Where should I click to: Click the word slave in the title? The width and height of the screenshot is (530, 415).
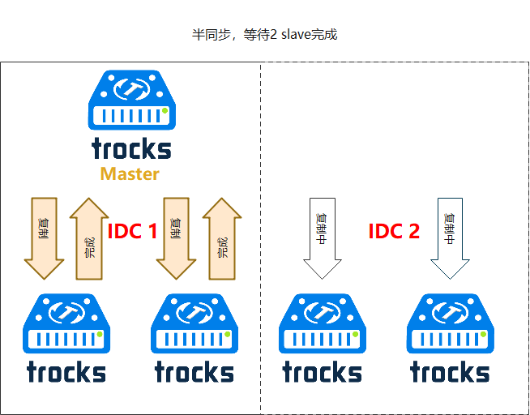point(296,36)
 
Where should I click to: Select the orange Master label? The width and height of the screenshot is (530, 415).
point(130,173)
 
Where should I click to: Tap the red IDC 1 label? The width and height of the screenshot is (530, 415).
point(132,232)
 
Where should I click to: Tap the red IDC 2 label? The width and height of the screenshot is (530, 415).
point(394,232)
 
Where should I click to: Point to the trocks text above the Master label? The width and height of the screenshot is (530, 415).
point(131,148)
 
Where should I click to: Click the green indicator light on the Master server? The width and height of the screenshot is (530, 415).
point(165,110)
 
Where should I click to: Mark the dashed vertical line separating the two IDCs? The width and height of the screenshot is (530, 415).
point(260,243)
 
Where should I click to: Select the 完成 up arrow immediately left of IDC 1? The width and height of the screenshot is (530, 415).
point(89,238)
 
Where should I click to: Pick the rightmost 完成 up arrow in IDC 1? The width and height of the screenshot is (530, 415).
point(222,238)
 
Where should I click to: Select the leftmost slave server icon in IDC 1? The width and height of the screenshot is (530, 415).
point(66,323)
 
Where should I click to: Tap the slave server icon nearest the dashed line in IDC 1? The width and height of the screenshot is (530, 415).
point(194,323)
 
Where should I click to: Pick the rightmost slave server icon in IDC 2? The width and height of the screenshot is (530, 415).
point(450,323)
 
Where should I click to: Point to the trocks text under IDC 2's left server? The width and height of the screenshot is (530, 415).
point(322,372)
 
